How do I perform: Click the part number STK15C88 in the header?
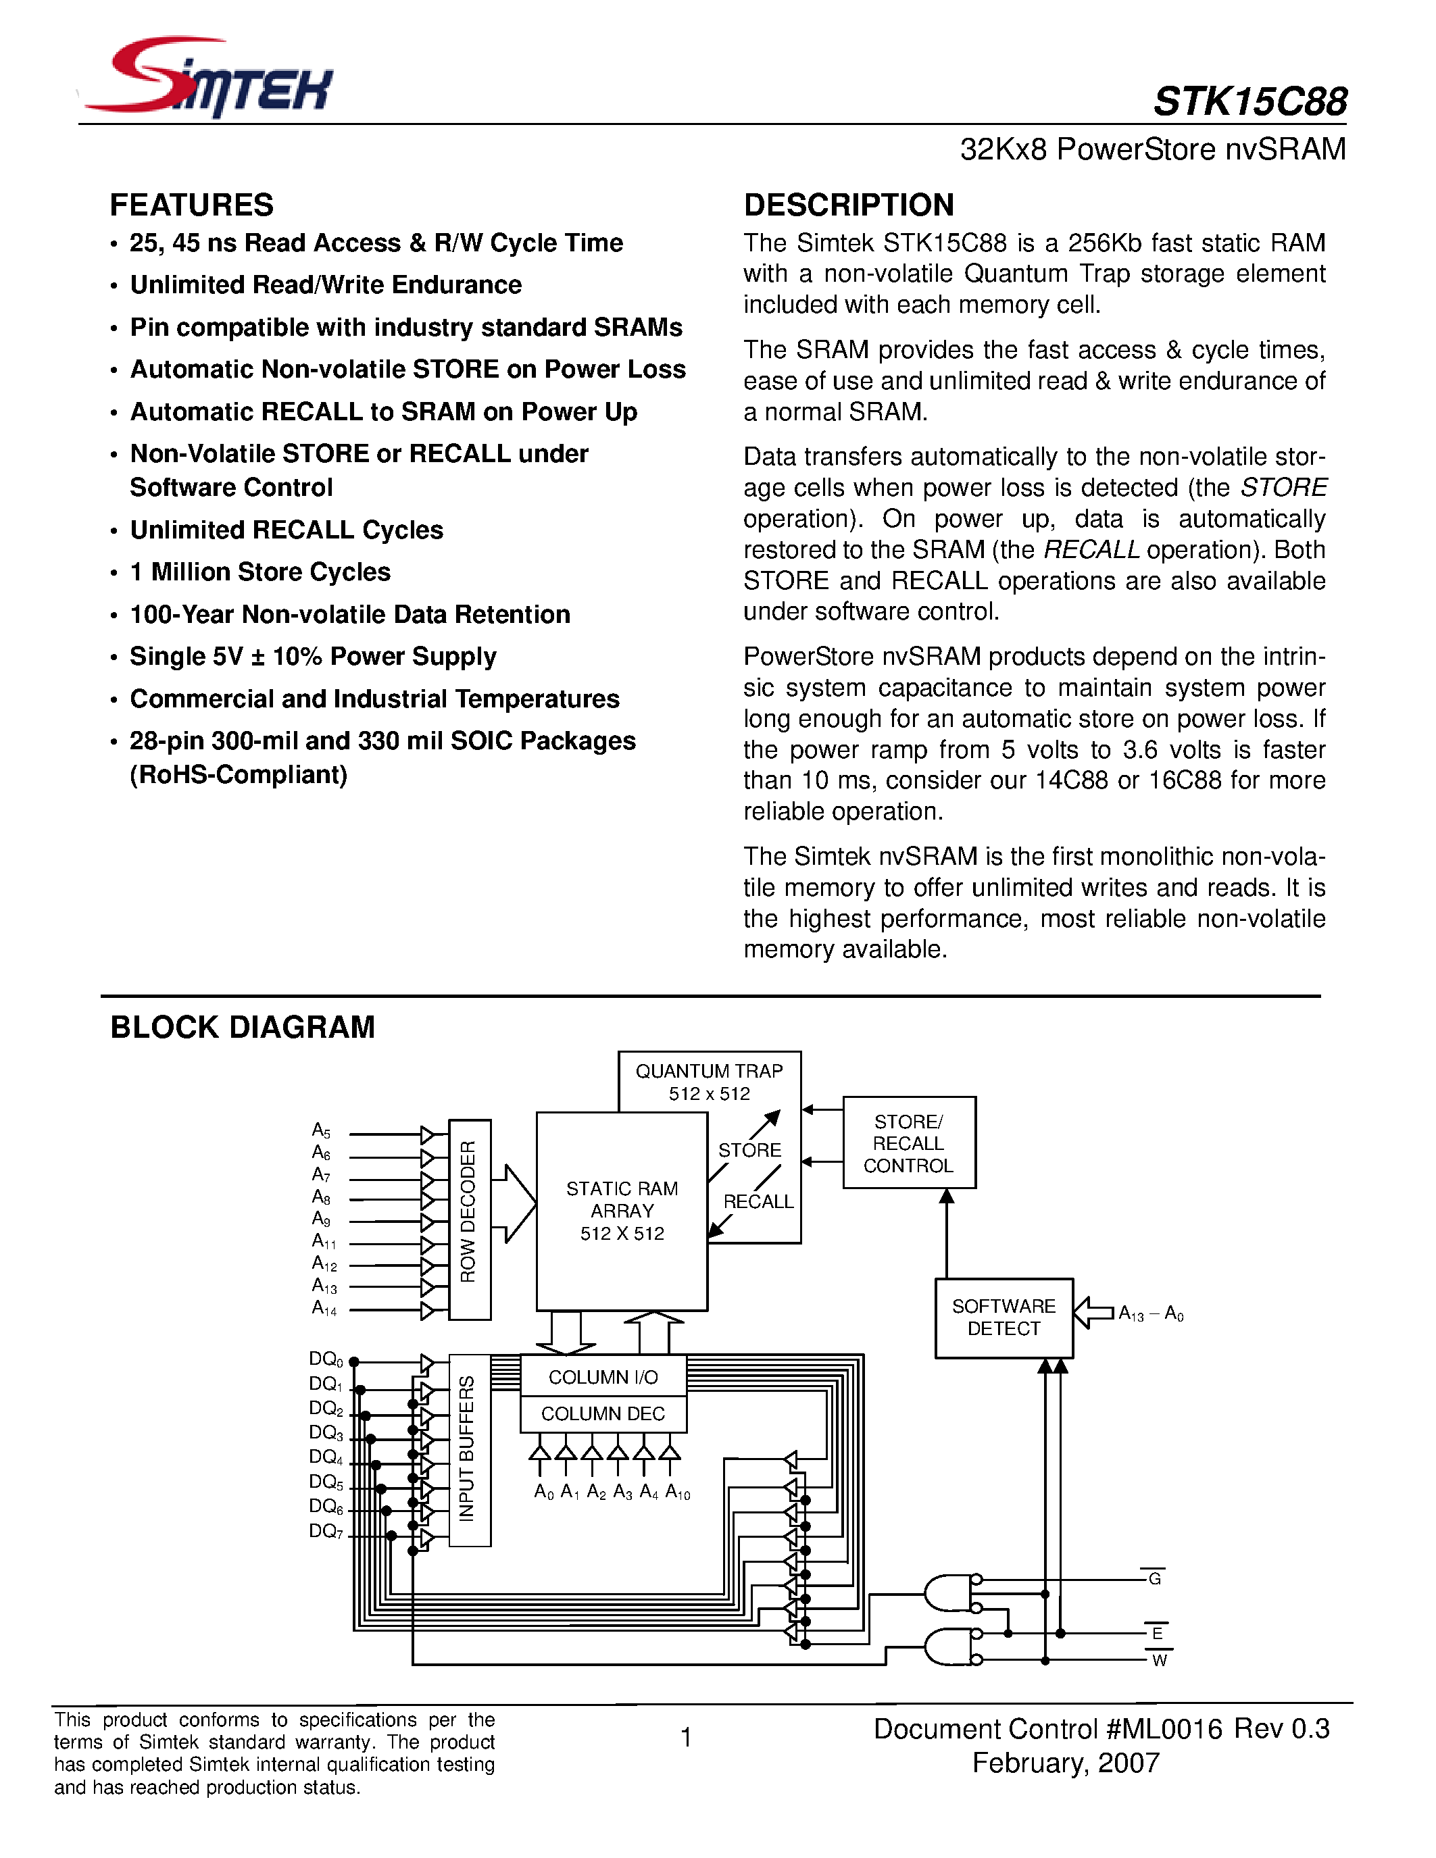(x=1249, y=102)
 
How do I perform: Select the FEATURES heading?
(x=191, y=205)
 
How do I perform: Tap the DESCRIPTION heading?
(x=848, y=205)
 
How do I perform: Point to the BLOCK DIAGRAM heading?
(x=243, y=1027)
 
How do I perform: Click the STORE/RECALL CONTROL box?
(x=908, y=1143)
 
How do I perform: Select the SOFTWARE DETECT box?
(x=1003, y=1317)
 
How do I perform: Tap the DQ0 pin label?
(x=326, y=1359)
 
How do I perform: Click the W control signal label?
(x=1159, y=1661)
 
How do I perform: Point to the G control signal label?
(x=1154, y=1579)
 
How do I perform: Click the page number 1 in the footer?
(x=686, y=1737)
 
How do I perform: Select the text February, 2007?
(x=1065, y=1763)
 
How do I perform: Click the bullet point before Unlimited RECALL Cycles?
(x=113, y=532)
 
